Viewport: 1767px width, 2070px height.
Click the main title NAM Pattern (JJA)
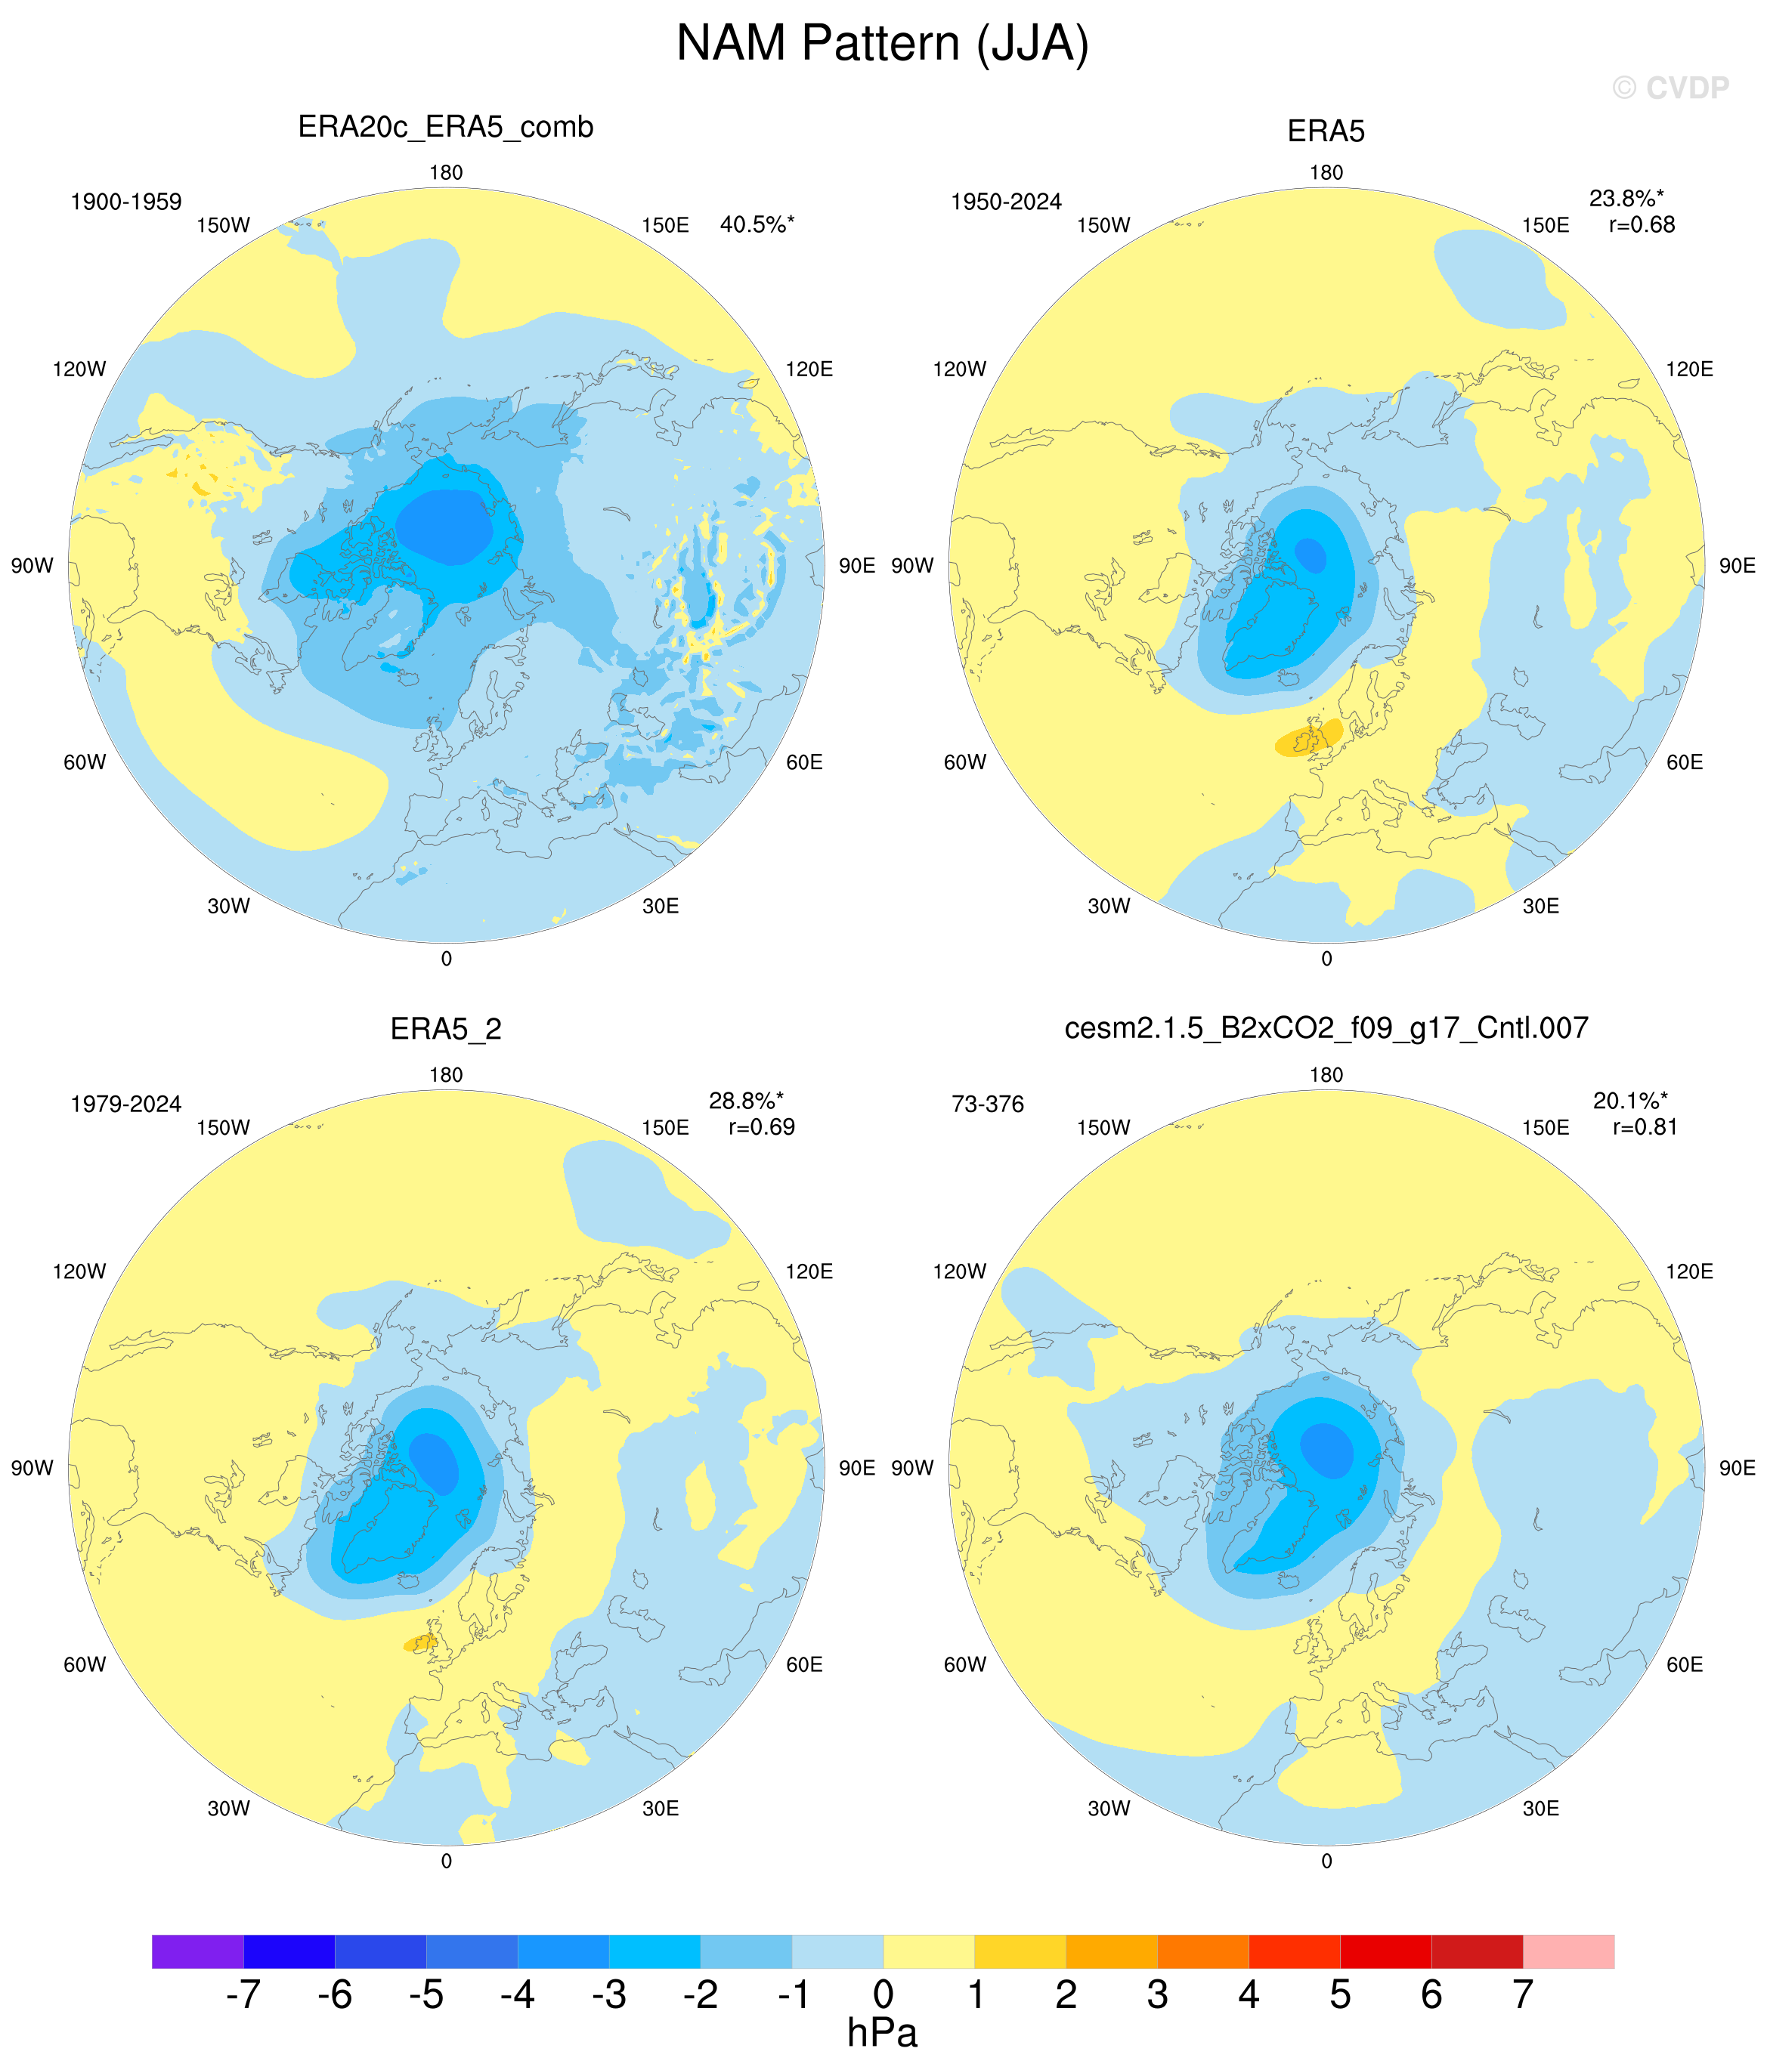(883, 44)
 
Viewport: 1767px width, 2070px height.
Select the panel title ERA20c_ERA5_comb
(446, 128)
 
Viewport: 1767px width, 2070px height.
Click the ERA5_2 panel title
(446, 1030)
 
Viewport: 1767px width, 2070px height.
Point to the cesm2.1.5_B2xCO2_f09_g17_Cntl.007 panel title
(1326, 1028)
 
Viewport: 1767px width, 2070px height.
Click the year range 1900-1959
(126, 202)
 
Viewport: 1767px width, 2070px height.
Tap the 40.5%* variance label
(757, 225)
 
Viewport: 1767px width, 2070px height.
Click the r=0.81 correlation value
(1645, 1127)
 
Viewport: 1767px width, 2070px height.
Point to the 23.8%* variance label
(1626, 199)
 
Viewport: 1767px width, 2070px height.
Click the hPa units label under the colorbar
(883, 2033)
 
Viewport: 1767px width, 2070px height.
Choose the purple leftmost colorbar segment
(198, 1951)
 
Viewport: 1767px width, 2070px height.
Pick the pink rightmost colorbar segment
(1568, 1951)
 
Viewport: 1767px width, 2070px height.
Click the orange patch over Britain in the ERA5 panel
(1309, 738)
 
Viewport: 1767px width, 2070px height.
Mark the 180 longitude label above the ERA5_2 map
(446, 1075)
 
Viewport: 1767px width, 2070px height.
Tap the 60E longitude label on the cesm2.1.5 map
(1684, 1664)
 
